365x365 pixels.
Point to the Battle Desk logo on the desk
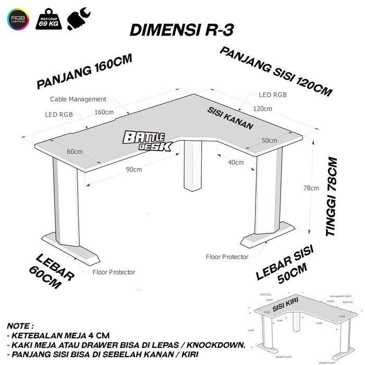point(147,141)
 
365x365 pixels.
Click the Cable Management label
point(78,99)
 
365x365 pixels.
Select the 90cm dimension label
point(133,169)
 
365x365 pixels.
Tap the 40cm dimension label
point(236,162)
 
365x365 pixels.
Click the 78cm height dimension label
point(312,188)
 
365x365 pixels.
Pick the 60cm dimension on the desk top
point(75,152)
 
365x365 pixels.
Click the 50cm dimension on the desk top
point(269,141)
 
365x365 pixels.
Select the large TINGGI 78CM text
point(332,197)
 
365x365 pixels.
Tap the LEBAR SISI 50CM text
point(284,265)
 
